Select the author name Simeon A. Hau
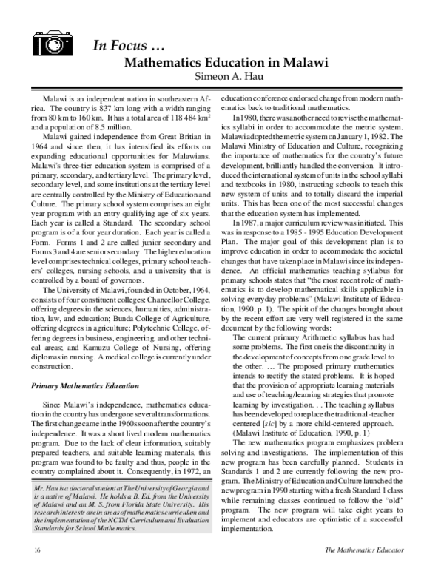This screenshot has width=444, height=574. pyautogui.click(x=227, y=77)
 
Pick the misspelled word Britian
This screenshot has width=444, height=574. pyautogui.click(x=192, y=138)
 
